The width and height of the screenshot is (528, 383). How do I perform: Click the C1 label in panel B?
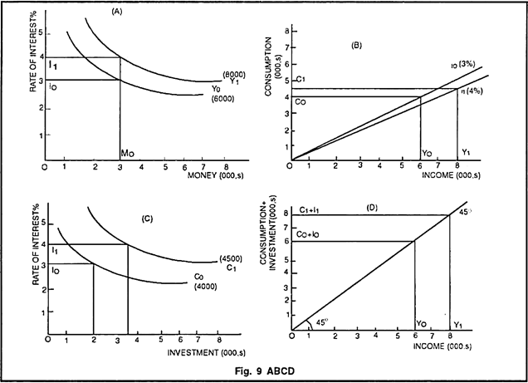click(301, 79)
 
